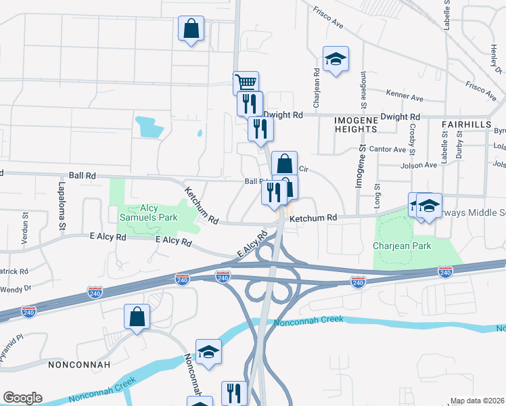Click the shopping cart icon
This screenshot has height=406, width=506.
pyautogui.click(x=246, y=83)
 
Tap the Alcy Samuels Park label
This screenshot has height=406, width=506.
pyautogui.click(x=148, y=212)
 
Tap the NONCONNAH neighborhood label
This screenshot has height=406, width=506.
pyautogui.click(x=75, y=364)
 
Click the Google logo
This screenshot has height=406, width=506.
pyautogui.click(x=22, y=397)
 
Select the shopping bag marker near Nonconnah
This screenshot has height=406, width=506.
pyautogui.click(x=137, y=317)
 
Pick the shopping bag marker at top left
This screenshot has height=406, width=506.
pyautogui.click(x=191, y=29)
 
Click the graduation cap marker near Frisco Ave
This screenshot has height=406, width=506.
pyautogui.click(x=336, y=59)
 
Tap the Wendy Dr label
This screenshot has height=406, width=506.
pyautogui.click(x=17, y=288)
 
